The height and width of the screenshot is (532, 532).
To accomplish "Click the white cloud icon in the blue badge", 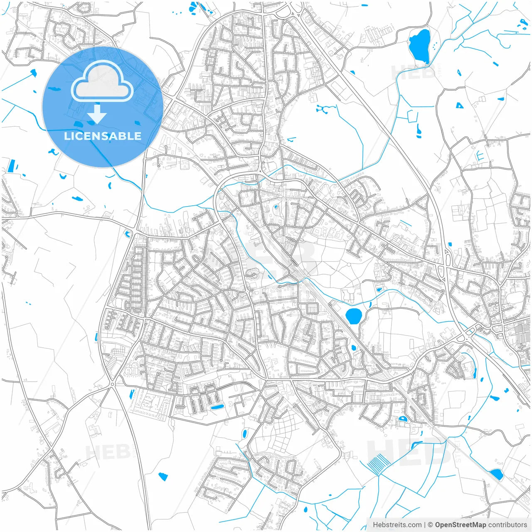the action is coord(102,81).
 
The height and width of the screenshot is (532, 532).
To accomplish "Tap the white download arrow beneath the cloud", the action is coord(97,114).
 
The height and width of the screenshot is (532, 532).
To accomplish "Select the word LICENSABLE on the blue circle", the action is coord(102,136).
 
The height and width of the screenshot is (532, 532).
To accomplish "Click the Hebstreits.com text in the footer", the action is coord(397,525).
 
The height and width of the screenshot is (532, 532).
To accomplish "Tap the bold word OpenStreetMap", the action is coord(461,525).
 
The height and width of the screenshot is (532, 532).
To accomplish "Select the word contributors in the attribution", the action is coord(507,525).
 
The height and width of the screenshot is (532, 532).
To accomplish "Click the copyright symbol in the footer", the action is coord(431,525).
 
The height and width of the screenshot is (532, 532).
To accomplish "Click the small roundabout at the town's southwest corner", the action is coord(112,384).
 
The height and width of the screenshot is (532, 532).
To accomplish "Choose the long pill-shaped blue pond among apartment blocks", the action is coord(217,406).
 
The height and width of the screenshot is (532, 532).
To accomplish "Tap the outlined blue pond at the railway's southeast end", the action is coord(496,474).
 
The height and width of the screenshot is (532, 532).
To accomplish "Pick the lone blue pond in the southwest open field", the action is coord(163,476).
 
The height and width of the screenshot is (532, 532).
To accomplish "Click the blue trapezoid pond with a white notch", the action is coord(459,106).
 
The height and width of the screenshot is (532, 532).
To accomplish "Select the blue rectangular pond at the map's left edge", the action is coord(11,166).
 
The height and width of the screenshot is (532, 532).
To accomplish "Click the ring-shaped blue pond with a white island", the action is coord(402,419).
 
